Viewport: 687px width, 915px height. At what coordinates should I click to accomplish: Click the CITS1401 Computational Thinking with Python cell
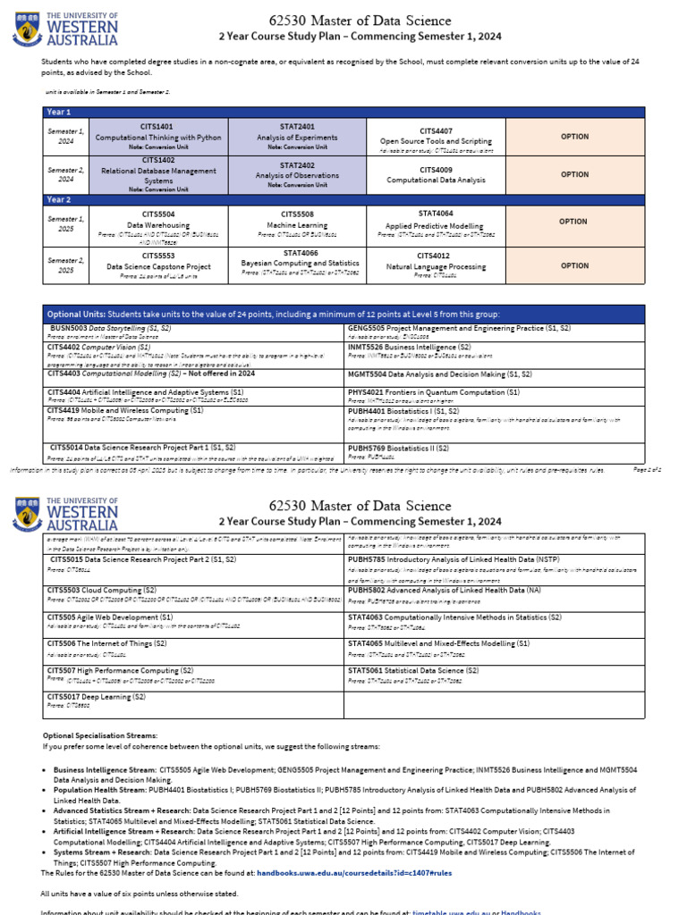click(x=158, y=137)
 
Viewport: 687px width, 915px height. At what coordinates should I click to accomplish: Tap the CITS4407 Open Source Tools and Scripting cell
click(x=436, y=137)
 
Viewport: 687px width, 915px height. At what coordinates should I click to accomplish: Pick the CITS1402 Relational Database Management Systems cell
click(x=158, y=174)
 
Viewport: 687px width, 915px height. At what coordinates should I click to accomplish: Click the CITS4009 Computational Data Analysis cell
click(x=436, y=174)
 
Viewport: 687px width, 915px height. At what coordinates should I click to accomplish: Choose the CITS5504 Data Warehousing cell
click(x=158, y=226)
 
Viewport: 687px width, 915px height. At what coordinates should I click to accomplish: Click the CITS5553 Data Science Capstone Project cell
click(x=158, y=265)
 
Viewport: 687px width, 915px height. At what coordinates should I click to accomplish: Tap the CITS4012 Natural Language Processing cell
click(x=436, y=265)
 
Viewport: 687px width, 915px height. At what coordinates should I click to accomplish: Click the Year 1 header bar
click(x=343, y=112)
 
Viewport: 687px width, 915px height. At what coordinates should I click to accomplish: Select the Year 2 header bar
click(x=343, y=200)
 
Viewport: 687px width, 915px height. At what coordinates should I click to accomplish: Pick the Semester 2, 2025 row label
click(x=65, y=265)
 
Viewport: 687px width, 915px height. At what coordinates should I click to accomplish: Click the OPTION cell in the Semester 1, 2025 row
click(x=573, y=222)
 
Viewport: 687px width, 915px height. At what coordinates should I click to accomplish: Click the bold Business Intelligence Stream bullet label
click(x=105, y=768)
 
